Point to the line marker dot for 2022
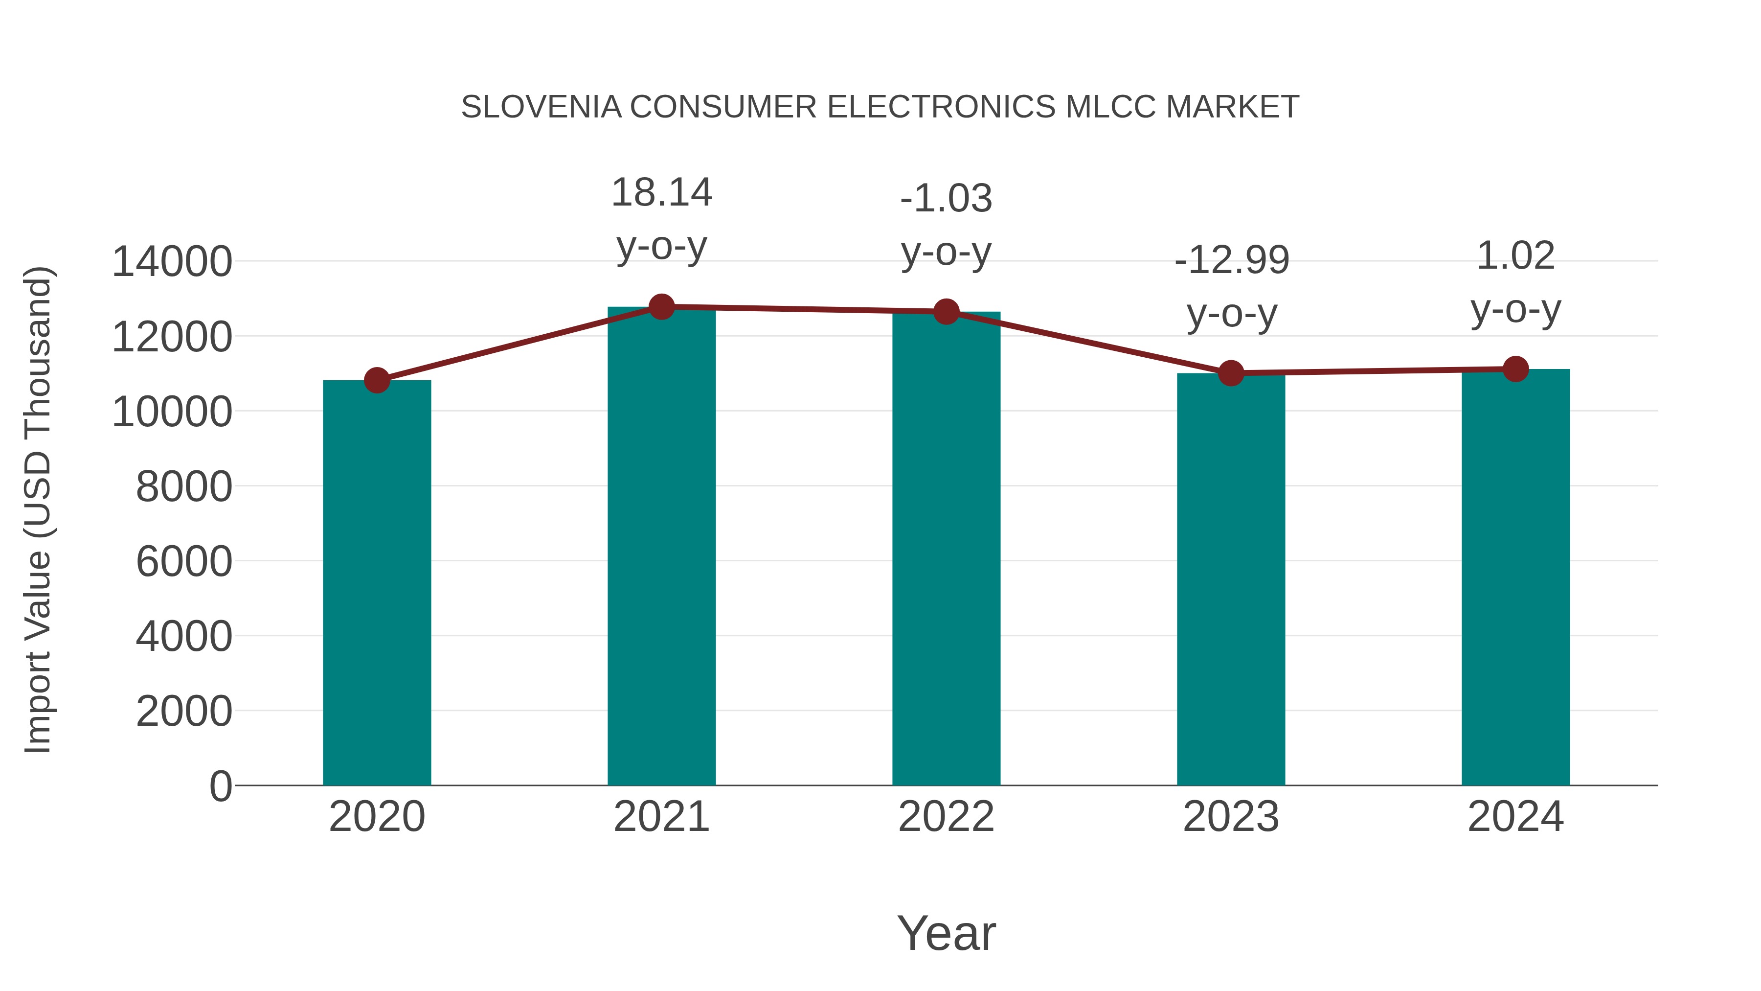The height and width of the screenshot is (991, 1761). click(946, 312)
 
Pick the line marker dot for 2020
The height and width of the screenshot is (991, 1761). click(377, 380)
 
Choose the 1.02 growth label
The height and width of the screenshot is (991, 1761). click(1515, 256)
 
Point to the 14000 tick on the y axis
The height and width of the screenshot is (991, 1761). click(172, 261)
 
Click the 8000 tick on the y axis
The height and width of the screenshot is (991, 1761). click(184, 486)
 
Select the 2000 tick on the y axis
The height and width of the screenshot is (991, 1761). click(184, 711)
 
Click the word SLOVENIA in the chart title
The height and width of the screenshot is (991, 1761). click(541, 107)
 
